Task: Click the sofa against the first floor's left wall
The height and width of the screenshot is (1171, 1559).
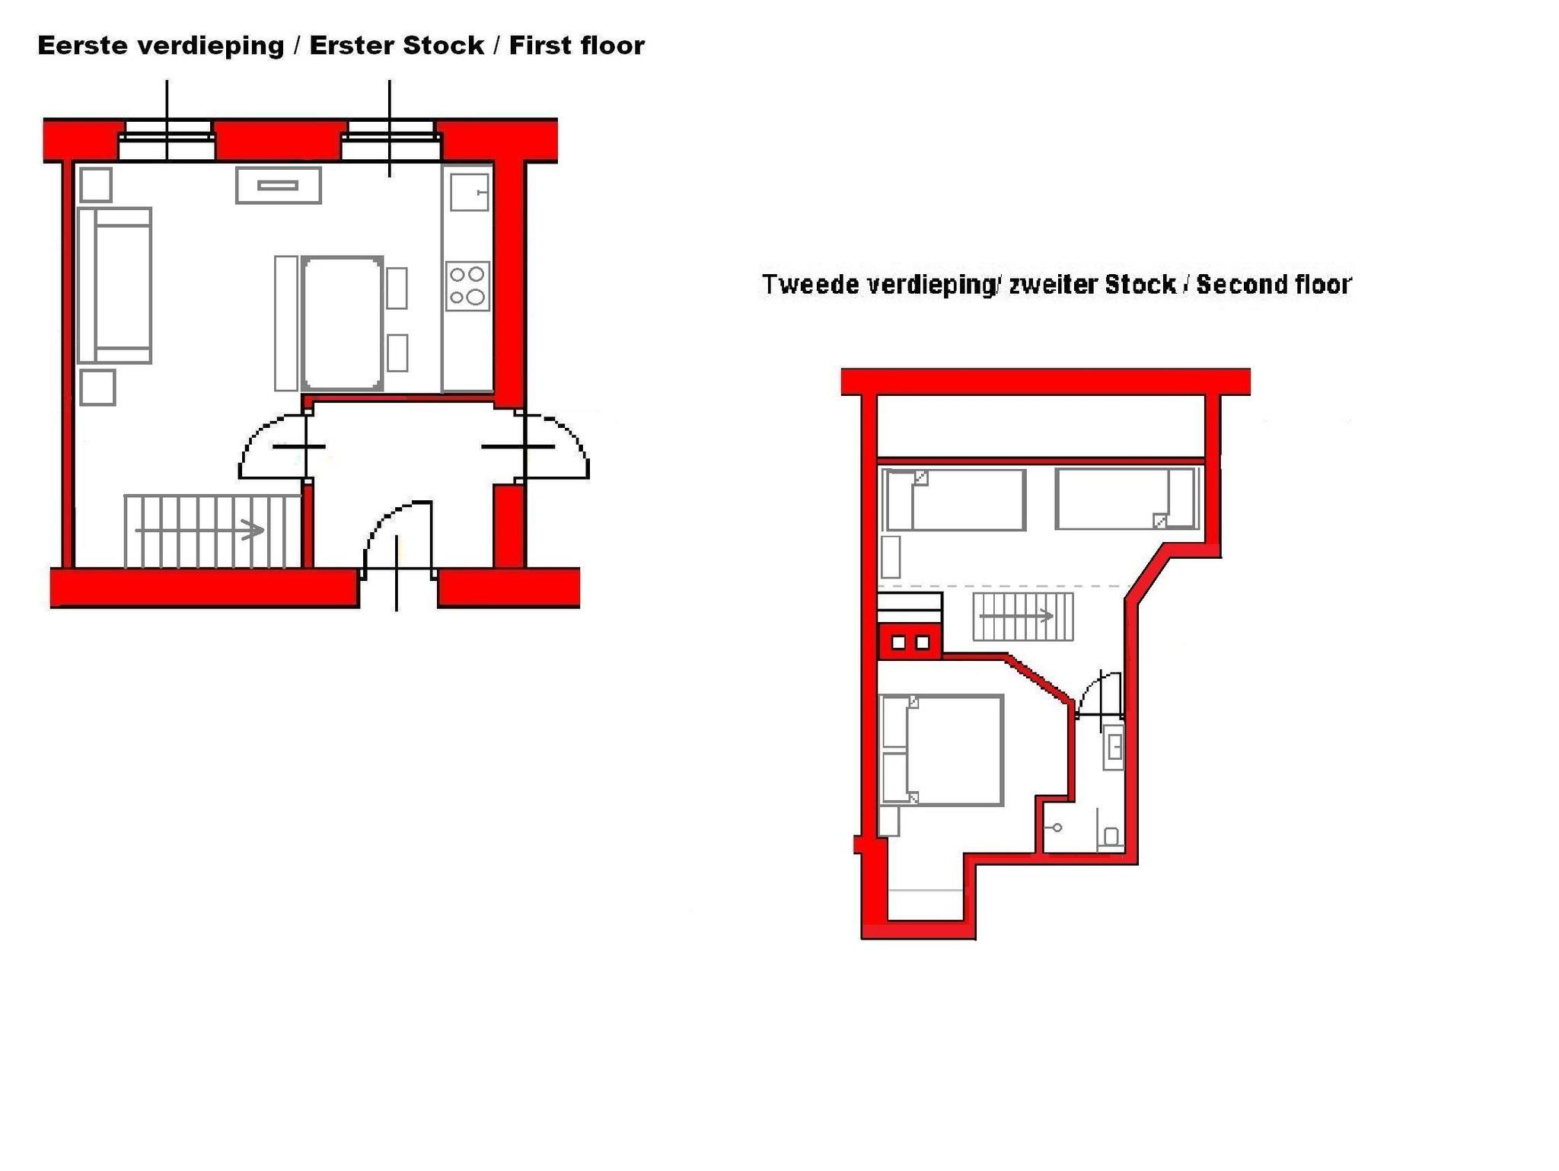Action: point(114,286)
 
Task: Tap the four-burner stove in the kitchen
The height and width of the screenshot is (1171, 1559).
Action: point(467,286)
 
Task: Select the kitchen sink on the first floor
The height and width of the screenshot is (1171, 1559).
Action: point(469,191)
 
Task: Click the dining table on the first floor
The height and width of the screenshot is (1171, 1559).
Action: point(342,323)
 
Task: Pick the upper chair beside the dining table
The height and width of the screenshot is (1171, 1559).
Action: point(397,288)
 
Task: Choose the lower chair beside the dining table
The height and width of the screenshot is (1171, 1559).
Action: point(397,353)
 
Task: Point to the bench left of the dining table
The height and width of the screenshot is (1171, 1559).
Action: point(286,323)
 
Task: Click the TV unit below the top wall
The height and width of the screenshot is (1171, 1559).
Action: point(279,185)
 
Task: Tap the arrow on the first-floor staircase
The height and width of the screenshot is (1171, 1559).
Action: point(200,530)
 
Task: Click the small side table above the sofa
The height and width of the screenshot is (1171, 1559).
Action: point(96,185)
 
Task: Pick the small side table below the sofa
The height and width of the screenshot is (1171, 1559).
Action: point(97,388)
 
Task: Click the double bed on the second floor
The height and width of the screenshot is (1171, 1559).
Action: point(941,750)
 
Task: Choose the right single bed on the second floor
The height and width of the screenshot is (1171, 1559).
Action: point(1127,499)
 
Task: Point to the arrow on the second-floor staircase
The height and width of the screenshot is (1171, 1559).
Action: point(1016,615)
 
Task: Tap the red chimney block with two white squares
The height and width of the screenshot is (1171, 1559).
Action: point(910,642)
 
